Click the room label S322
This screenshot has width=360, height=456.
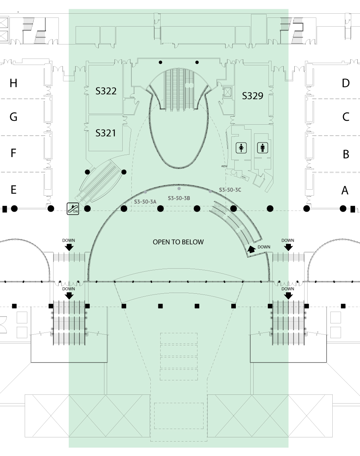[106, 91]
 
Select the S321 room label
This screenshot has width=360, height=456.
[106, 133]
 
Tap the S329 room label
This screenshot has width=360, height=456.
[253, 96]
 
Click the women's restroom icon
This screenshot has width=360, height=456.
[241, 147]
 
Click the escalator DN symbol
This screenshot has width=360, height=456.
[73, 209]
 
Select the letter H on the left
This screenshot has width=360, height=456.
[14, 83]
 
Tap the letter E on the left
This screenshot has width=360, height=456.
[14, 190]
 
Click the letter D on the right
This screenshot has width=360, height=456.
[346, 83]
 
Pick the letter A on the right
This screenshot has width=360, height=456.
[345, 190]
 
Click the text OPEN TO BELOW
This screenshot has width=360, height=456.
[178, 242]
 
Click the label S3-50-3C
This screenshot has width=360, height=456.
[230, 190]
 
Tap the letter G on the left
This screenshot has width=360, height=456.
[14, 117]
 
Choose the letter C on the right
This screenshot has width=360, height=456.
[346, 117]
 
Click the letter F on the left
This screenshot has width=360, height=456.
[14, 153]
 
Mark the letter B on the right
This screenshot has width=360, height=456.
[346, 154]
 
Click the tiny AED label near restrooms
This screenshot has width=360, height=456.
[224, 166]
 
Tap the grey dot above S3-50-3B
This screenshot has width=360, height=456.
[179, 188]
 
